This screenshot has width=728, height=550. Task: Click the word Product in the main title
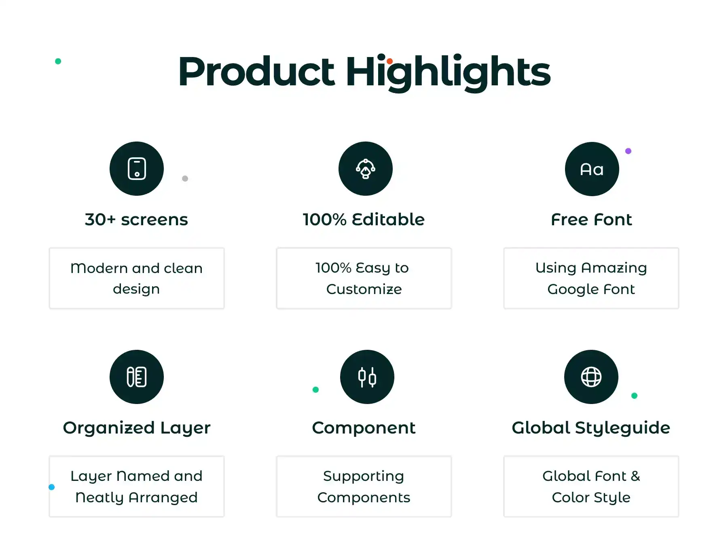256,72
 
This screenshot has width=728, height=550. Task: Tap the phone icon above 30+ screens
137,169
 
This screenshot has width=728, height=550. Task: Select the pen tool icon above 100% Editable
366,169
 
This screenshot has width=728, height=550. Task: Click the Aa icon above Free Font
592,169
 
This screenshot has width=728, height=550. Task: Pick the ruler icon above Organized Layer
137,377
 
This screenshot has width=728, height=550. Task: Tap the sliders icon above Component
367,377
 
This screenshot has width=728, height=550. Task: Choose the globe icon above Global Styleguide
591,377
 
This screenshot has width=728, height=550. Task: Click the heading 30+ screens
137,220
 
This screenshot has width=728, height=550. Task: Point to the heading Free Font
591,220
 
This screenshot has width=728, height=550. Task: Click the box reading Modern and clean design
137,278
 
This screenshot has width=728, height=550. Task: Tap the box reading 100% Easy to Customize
364,278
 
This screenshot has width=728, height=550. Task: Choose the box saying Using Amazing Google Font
591,278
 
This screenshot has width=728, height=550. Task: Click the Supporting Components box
364,487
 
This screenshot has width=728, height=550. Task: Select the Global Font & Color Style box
591,487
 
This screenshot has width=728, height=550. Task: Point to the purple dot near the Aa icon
628,151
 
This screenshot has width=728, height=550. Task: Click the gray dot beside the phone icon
185,178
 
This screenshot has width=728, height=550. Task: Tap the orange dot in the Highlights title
389,61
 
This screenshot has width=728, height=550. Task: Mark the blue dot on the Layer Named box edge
51,487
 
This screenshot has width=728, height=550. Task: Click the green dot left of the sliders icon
316,389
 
